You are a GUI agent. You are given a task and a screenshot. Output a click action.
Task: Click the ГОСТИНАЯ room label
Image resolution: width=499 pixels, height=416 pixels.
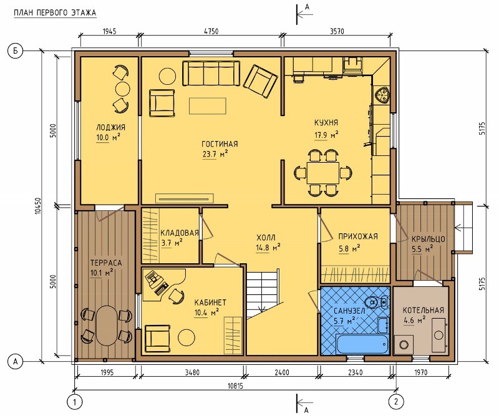point(220,144)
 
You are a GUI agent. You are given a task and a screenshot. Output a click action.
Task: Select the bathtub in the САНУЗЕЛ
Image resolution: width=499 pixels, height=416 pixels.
point(362,344)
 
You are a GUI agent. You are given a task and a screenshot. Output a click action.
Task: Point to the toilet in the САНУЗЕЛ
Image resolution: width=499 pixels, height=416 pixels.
point(376,302)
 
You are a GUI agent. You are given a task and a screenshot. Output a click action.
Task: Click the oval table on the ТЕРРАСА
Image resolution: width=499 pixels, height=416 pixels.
point(107,326)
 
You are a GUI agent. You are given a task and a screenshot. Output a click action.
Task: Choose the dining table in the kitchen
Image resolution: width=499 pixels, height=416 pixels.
point(323,173)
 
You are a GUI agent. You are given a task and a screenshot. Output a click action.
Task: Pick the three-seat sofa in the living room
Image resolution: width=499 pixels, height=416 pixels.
point(211,73)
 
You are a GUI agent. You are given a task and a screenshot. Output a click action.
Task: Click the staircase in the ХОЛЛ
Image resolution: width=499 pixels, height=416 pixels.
point(264,294)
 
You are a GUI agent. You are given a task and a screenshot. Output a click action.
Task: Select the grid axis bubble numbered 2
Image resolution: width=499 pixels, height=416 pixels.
point(396,402)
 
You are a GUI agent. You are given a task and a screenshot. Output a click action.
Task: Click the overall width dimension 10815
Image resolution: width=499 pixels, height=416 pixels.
point(235,386)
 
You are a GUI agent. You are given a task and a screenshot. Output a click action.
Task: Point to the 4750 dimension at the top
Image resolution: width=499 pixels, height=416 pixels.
point(211,31)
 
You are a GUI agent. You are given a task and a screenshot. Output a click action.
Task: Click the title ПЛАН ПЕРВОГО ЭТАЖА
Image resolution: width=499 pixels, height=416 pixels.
point(55,13)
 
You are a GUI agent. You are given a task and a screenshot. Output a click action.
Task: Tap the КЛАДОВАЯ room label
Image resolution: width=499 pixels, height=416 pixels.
point(180,233)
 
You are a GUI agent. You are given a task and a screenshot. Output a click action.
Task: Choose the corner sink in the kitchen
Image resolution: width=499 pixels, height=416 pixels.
point(382,95)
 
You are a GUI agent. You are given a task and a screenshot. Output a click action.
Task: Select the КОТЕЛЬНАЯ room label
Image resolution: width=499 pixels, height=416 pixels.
point(424,311)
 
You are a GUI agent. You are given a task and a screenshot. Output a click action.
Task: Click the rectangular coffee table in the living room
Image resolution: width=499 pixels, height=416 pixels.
point(208,106)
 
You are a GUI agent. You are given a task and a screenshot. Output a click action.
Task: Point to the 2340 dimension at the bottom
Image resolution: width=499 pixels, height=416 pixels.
point(355,372)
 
